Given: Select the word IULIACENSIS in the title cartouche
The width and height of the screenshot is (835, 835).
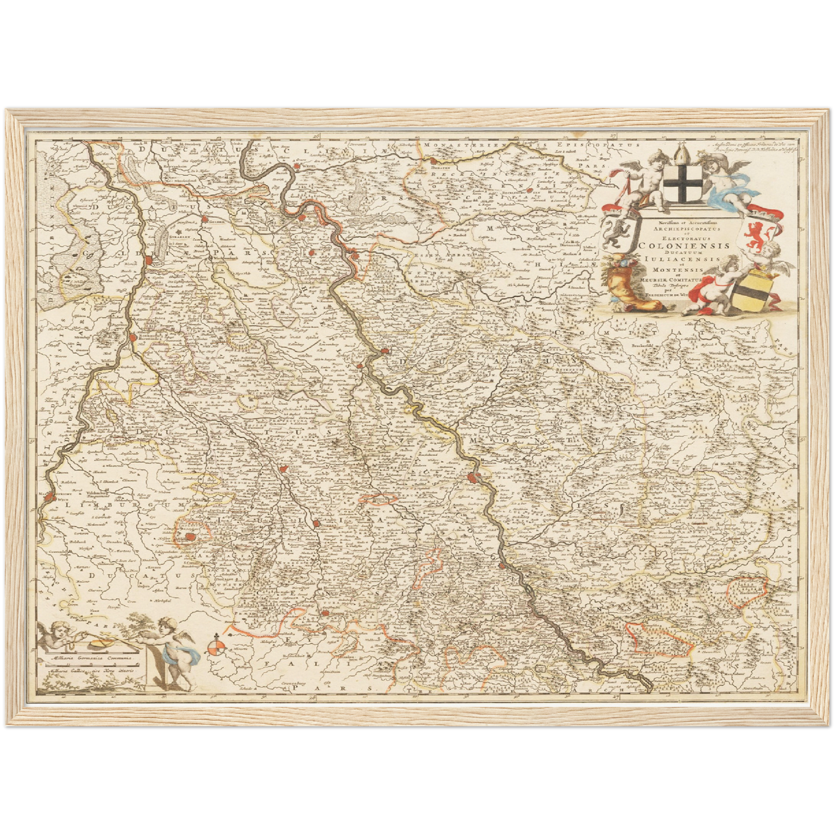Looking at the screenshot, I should (681, 259).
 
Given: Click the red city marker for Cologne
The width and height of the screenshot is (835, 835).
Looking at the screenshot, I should (474, 477).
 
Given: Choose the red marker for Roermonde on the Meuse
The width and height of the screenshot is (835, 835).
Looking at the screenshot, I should (133, 337).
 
